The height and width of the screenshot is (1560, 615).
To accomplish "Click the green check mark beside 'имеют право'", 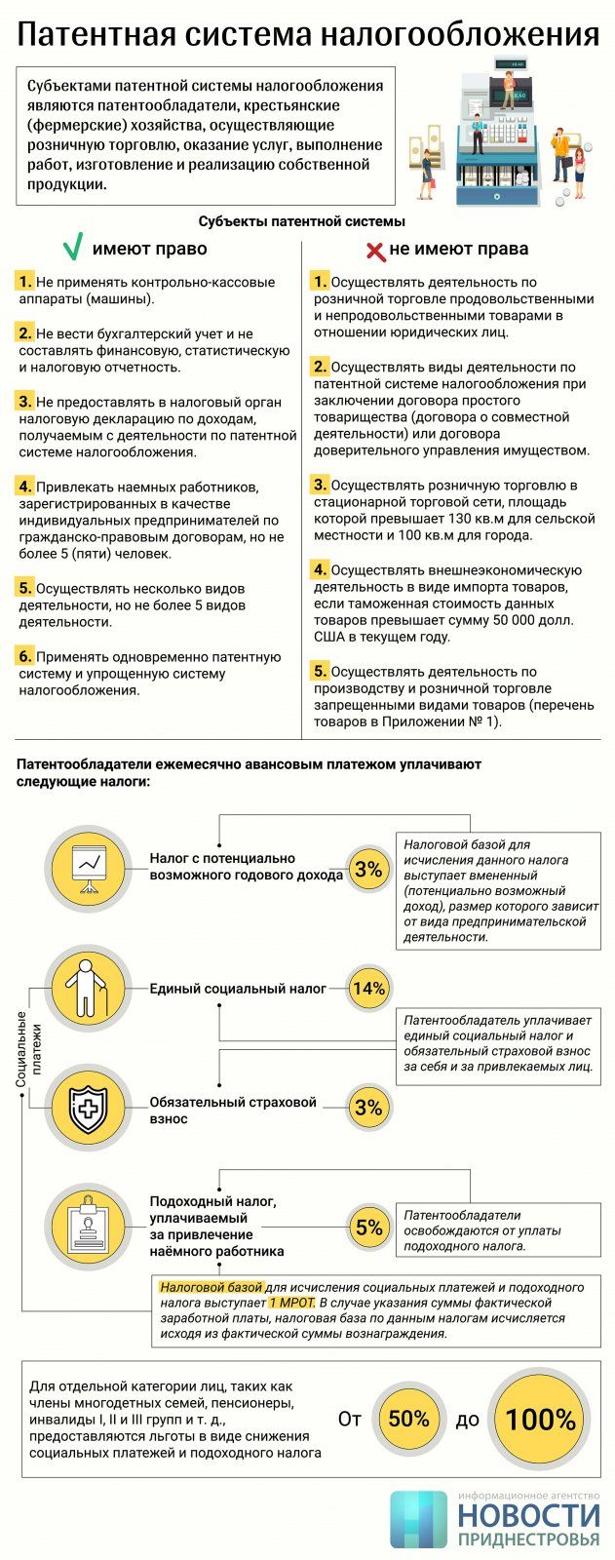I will tap(72, 249).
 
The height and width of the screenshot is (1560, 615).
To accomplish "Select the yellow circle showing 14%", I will tap(368, 988).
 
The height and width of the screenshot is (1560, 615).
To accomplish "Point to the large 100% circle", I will tap(540, 1419).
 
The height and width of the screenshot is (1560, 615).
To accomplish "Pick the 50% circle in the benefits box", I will tap(408, 1419).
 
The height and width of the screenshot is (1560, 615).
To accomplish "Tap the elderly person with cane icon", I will tap(89, 988).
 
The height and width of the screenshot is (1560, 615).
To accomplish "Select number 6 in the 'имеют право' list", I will tap(25, 656).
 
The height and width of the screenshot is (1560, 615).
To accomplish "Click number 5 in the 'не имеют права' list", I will tap(320, 671).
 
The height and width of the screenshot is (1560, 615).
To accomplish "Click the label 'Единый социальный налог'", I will tap(238, 989).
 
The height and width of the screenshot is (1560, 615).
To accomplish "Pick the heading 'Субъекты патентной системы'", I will tap(302, 221).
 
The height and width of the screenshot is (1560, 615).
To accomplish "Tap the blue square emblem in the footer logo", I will tap(419, 1519).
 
